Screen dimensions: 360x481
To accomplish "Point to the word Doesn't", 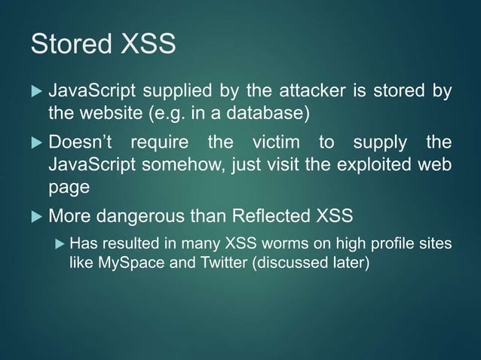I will [82, 142].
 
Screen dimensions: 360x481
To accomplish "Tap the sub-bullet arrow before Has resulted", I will [59, 245].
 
